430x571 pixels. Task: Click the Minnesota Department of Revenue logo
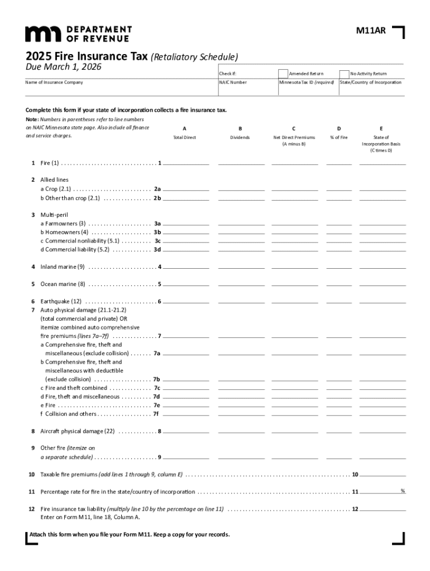(x=78, y=33)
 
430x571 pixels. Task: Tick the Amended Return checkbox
(x=283, y=74)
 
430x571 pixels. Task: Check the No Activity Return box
(x=344, y=74)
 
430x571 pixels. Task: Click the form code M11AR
(x=370, y=31)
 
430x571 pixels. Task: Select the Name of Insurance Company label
(x=54, y=83)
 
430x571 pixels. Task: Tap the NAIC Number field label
(x=233, y=83)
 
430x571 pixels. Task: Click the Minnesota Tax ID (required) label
(x=307, y=83)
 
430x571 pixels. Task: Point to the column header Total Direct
(x=184, y=137)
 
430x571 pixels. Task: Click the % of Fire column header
(x=339, y=137)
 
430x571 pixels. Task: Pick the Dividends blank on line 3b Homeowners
(x=241, y=231)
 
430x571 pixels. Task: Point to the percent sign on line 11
(x=402, y=491)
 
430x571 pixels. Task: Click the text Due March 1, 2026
(x=59, y=67)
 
